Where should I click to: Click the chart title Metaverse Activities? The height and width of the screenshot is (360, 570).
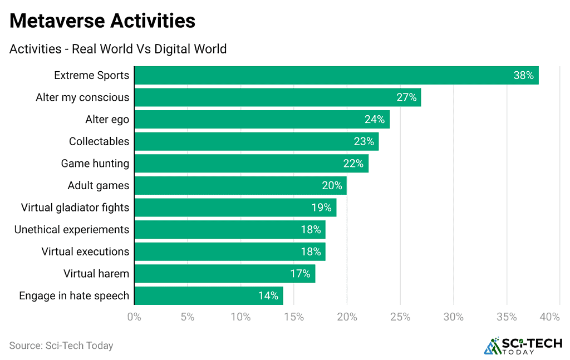click(x=102, y=21)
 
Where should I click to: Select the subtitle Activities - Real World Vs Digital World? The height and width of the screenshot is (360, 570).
click(x=118, y=49)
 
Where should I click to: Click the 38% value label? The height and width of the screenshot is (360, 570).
click(x=523, y=76)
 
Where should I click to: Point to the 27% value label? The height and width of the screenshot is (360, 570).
click(x=406, y=97)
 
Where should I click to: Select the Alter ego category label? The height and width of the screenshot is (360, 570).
click(x=107, y=119)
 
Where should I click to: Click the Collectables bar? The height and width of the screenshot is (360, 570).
click(x=256, y=141)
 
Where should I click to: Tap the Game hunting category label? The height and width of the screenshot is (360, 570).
click(x=95, y=164)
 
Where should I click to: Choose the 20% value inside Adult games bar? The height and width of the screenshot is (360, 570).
click(x=332, y=186)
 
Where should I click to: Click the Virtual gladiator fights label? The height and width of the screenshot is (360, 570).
click(x=75, y=208)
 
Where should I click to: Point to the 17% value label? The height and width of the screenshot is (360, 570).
click(x=300, y=274)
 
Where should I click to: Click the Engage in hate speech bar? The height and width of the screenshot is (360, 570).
click(x=208, y=295)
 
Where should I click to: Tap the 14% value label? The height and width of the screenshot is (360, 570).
click(x=268, y=296)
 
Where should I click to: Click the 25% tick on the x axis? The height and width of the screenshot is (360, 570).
click(x=400, y=317)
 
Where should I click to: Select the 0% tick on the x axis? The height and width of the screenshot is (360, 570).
click(x=134, y=317)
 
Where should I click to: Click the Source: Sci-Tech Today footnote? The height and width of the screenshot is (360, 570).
click(x=61, y=346)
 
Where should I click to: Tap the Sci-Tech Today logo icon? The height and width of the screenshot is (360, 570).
click(x=493, y=346)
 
